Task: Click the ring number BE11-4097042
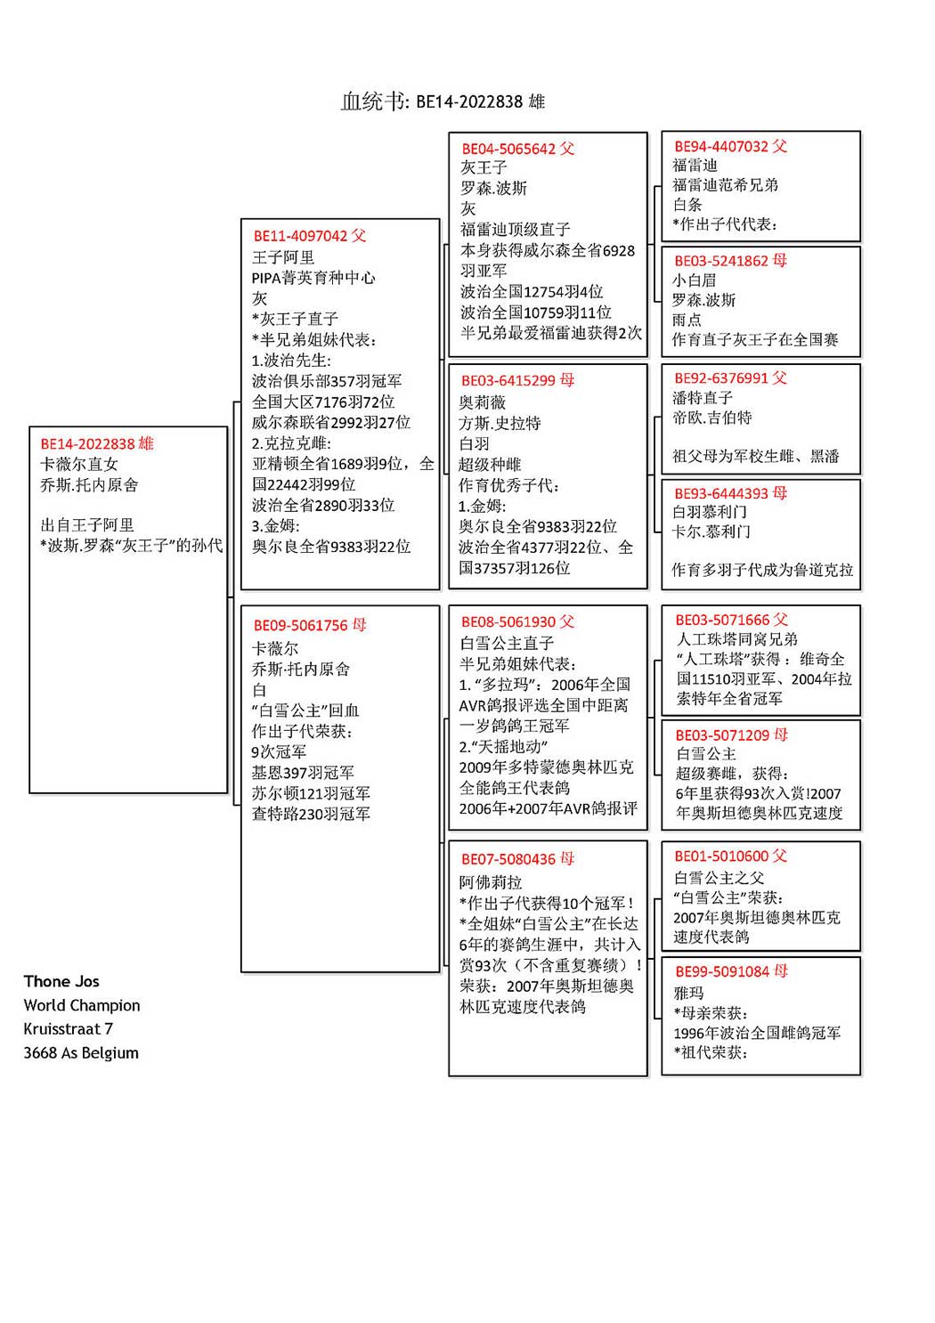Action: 300,236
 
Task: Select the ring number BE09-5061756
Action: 300,625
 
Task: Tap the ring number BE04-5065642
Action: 508,149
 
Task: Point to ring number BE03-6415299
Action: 508,380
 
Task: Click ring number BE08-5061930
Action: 508,621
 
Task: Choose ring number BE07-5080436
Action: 508,859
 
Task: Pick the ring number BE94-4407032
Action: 721,146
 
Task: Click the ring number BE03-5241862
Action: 721,261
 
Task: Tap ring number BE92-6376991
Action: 721,377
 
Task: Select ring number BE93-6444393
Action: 721,492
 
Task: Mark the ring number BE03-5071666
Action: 722,620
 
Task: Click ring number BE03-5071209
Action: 722,735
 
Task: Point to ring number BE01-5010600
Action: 722,856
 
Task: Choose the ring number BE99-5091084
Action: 722,971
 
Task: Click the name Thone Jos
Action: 61,981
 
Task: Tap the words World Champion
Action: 82,1005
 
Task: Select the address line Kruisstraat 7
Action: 69,1028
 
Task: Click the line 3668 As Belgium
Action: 81,1052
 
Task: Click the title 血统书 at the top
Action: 374,101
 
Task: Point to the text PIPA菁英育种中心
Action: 313,278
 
